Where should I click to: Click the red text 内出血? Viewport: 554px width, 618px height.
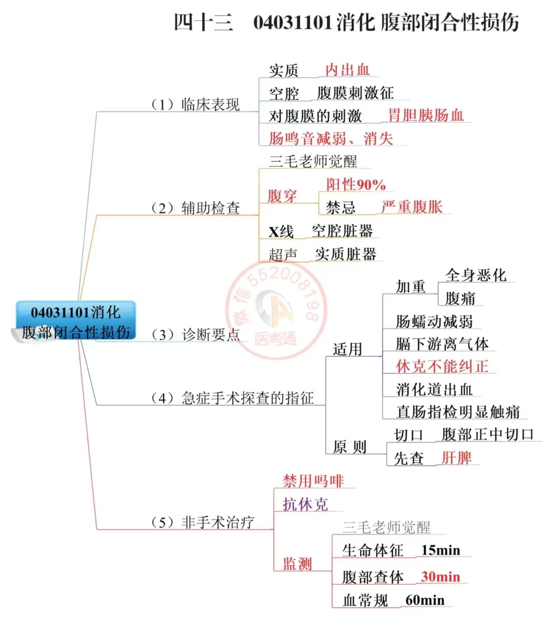click(x=347, y=70)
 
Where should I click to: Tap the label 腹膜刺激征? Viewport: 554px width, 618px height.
click(x=355, y=93)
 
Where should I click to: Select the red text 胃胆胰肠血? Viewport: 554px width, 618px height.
click(x=425, y=115)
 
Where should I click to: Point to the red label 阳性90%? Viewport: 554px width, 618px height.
click(x=356, y=185)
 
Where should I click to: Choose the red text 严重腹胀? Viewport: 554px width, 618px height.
click(x=412, y=207)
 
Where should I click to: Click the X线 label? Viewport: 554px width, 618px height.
click(x=281, y=232)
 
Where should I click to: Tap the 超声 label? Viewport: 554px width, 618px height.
click(x=283, y=254)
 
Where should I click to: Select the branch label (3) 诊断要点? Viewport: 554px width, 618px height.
click(x=195, y=335)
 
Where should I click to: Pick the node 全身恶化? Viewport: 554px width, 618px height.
click(x=476, y=275)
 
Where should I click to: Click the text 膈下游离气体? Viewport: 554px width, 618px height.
click(x=442, y=344)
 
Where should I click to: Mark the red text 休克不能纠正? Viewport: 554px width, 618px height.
click(x=442, y=367)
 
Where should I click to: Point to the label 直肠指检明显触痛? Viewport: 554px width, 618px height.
click(x=458, y=412)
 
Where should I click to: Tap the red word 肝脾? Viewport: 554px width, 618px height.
click(x=456, y=457)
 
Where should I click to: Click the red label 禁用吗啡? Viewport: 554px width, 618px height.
click(x=313, y=481)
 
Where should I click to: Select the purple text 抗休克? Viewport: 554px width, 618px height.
click(x=305, y=505)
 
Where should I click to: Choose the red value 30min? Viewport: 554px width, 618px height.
click(x=440, y=577)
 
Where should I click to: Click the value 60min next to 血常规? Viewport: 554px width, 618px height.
click(x=425, y=600)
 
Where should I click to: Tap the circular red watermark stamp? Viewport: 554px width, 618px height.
click(x=276, y=311)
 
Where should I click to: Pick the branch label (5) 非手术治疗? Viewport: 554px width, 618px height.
click(x=203, y=523)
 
